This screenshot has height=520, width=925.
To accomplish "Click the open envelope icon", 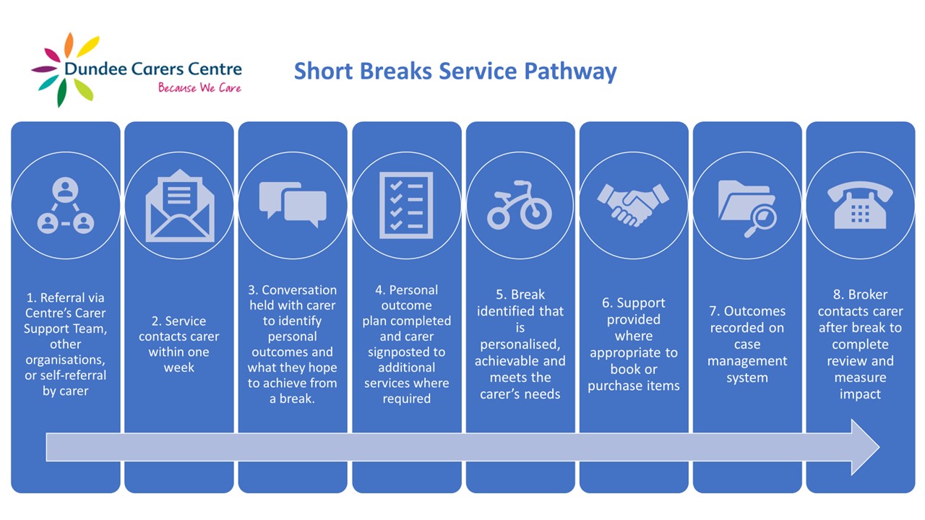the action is (180, 206).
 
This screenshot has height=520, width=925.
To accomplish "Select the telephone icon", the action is (860, 205).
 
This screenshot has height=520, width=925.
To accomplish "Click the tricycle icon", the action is (520, 205).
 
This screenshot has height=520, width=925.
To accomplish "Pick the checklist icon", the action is (406, 205).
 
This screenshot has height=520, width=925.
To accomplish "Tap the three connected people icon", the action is (66, 205).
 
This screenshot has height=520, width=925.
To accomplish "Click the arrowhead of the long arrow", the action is (865, 447).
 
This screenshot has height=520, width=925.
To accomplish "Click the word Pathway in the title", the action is (570, 71).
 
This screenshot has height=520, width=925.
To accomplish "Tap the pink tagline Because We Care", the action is (200, 87).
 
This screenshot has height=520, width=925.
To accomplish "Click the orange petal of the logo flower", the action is (69, 45).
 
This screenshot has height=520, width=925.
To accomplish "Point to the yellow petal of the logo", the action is (88, 47).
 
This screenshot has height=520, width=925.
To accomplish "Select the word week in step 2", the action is (178, 368).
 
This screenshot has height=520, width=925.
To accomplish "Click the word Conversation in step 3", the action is (299, 290).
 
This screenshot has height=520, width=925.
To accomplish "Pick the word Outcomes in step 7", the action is (755, 311).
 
